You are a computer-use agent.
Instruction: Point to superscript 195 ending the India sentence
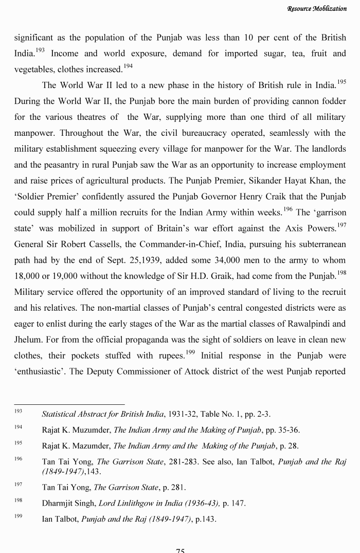pyautogui.click(x=340, y=82)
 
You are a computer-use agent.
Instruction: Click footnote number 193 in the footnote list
pyautogui.click(x=19, y=413)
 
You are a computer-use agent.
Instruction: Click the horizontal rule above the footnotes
pyautogui.click(x=69, y=404)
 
